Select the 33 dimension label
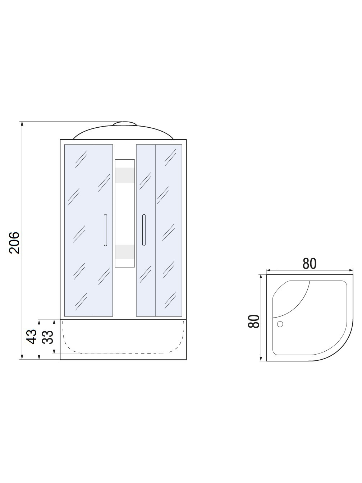pos(48,337)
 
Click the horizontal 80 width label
pos(310,263)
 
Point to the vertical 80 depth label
pos(254,322)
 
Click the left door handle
pos(105,230)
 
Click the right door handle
pos(144,230)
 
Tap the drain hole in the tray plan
pos(280,324)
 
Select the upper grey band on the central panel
pos(124,175)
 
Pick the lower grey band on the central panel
pos(124,252)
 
